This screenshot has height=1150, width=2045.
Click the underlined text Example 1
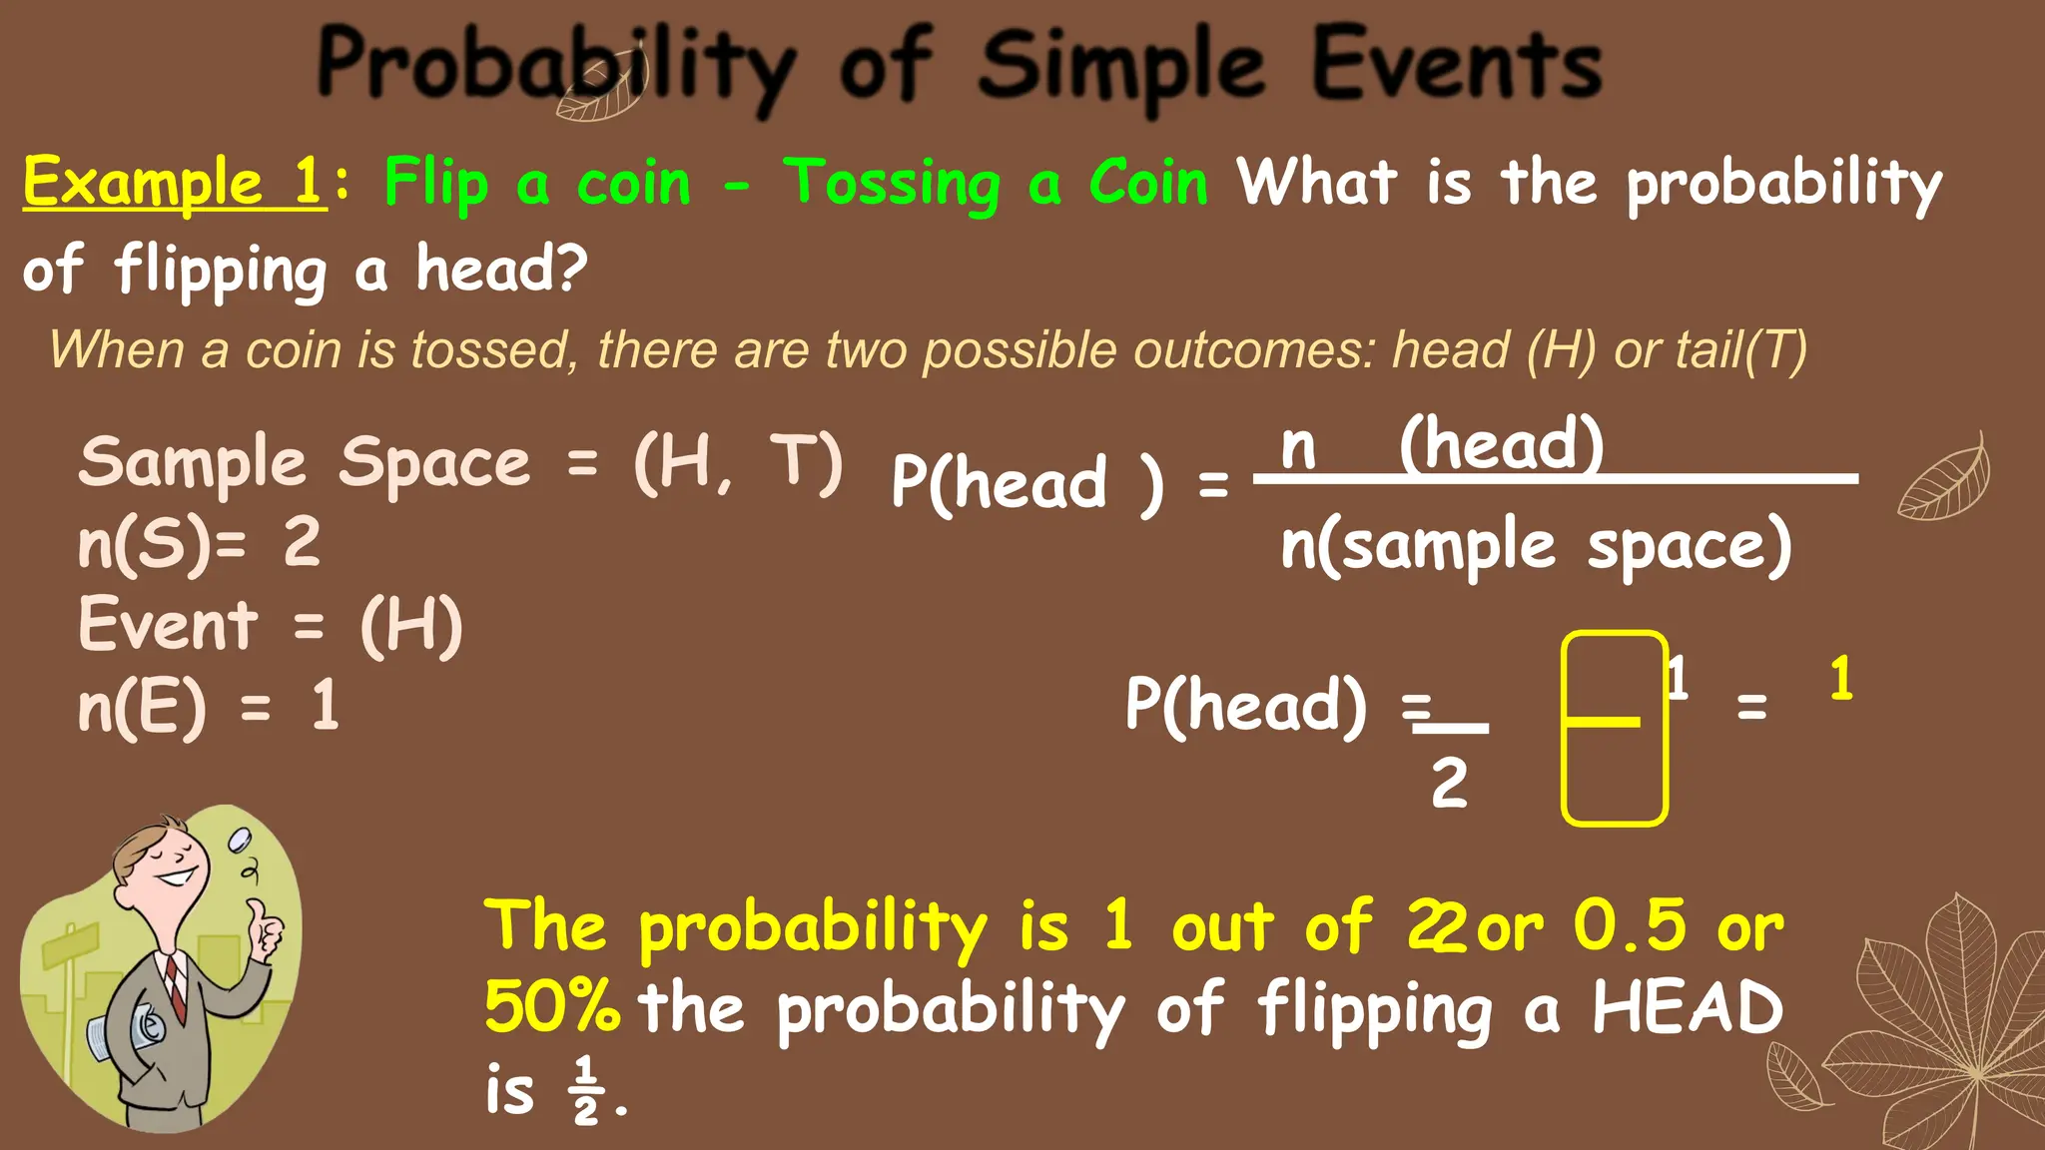click(175, 183)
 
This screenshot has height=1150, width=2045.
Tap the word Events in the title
click(1457, 65)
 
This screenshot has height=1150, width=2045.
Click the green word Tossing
click(892, 185)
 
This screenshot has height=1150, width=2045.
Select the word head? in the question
click(501, 269)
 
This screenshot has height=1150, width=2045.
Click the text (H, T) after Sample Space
click(739, 463)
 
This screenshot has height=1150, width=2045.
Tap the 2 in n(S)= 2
click(302, 543)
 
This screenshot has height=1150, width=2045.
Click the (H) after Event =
click(411, 626)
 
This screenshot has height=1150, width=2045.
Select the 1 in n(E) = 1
click(326, 707)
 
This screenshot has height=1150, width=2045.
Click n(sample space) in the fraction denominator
click(1536, 545)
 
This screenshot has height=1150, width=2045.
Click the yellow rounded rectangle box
click(1614, 729)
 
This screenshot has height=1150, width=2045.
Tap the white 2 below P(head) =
click(1449, 783)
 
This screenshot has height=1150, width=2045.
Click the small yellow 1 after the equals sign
click(1841, 679)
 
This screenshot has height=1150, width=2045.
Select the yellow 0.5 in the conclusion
click(1630, 924)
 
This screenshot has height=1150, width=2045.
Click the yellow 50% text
click(552, 1005)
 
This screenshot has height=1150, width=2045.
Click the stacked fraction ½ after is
click(586, 1090)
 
